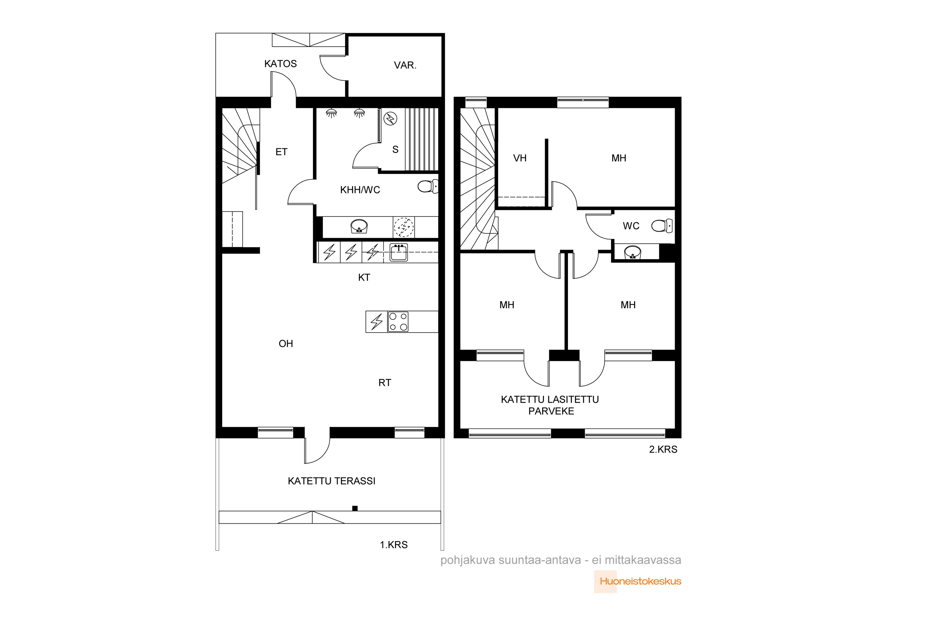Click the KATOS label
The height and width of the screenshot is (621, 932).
click(280, 64)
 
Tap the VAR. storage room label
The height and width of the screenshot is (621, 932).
click(405, 65)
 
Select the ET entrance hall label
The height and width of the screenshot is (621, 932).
click(281, 152)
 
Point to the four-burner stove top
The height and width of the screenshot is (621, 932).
click(398, 322)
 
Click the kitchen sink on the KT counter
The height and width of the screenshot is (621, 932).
click(399, 252)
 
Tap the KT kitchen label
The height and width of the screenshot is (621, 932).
click(364, 278)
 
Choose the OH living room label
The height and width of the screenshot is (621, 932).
click(286, 344)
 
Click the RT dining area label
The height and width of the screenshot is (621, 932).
click(385, 383)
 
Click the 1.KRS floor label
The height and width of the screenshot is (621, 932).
click(394, 545)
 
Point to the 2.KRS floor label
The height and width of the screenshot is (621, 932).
click(663, 450)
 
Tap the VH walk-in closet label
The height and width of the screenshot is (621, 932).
click(520, 158)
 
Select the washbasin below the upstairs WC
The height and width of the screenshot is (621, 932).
click(633, 252)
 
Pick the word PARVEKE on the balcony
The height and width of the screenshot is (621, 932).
click(551, 411)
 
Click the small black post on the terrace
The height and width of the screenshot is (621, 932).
click(355, 509)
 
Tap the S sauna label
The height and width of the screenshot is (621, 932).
click(395, 150)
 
